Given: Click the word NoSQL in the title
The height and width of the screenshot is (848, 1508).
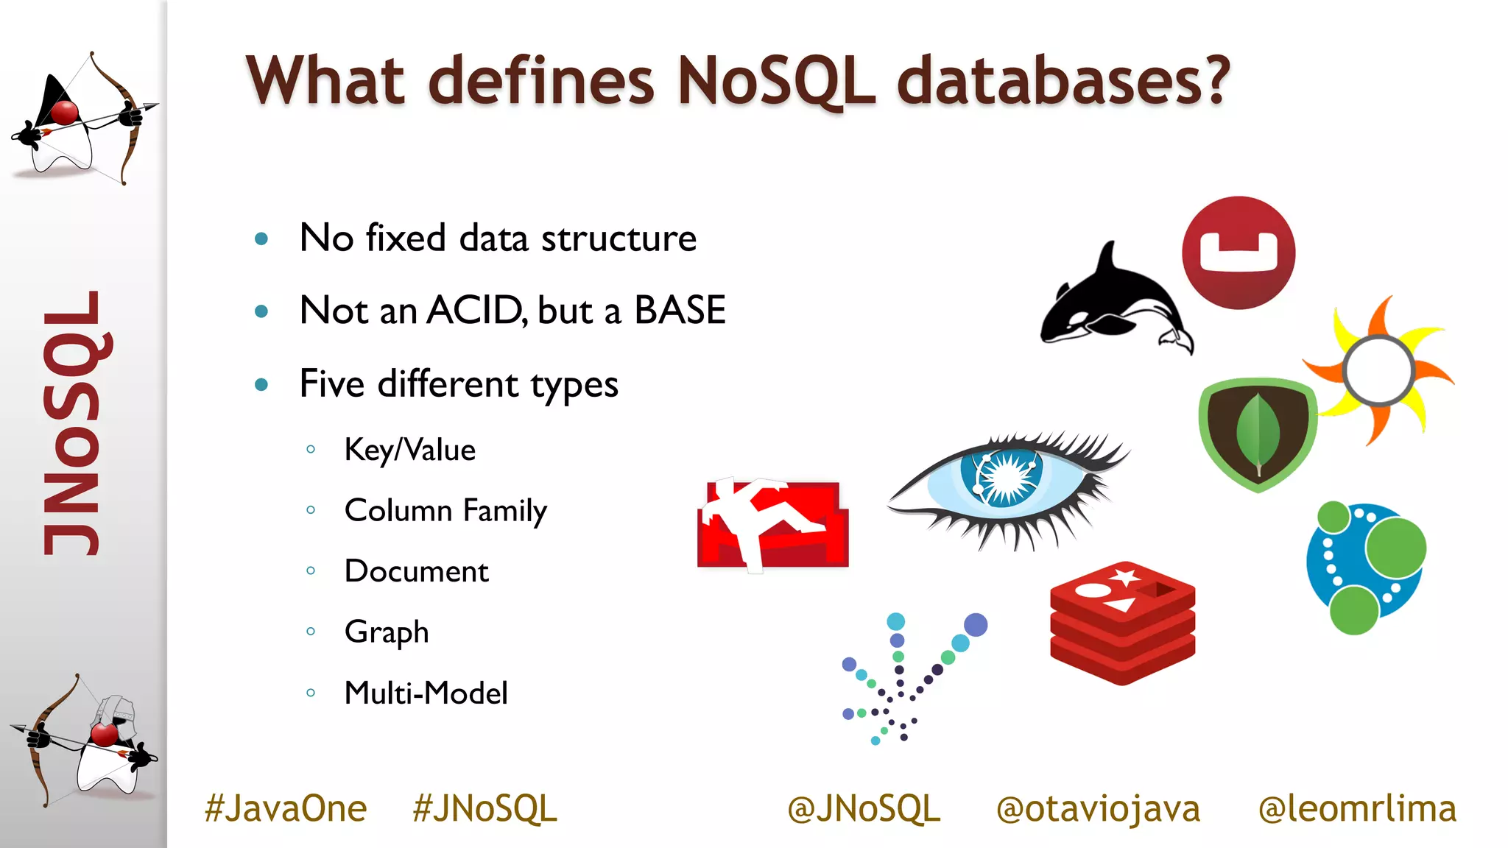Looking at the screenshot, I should [x=776, y=81].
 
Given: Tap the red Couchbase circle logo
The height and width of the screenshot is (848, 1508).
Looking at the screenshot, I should [x=1239, y=252].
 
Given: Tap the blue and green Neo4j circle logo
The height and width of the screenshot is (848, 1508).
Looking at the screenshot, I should [x=1366, y=568].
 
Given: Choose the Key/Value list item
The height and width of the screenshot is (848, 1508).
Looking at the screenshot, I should [x=410, y=450].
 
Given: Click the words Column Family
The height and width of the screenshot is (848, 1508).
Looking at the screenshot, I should [x=445, y=511].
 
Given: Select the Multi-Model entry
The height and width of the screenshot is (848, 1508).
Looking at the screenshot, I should [x=426, y=693].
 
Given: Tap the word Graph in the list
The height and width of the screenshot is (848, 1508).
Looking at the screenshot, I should [x=387, y=632].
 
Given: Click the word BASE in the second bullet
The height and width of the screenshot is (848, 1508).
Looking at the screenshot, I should [x=680, y=311].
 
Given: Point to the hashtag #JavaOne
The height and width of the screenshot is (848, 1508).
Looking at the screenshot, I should [x=286, y=809].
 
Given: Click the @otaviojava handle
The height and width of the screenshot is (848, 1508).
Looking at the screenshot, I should [x=1098, y=809].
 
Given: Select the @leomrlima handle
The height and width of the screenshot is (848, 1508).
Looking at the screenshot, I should [x=1357, y=809].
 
